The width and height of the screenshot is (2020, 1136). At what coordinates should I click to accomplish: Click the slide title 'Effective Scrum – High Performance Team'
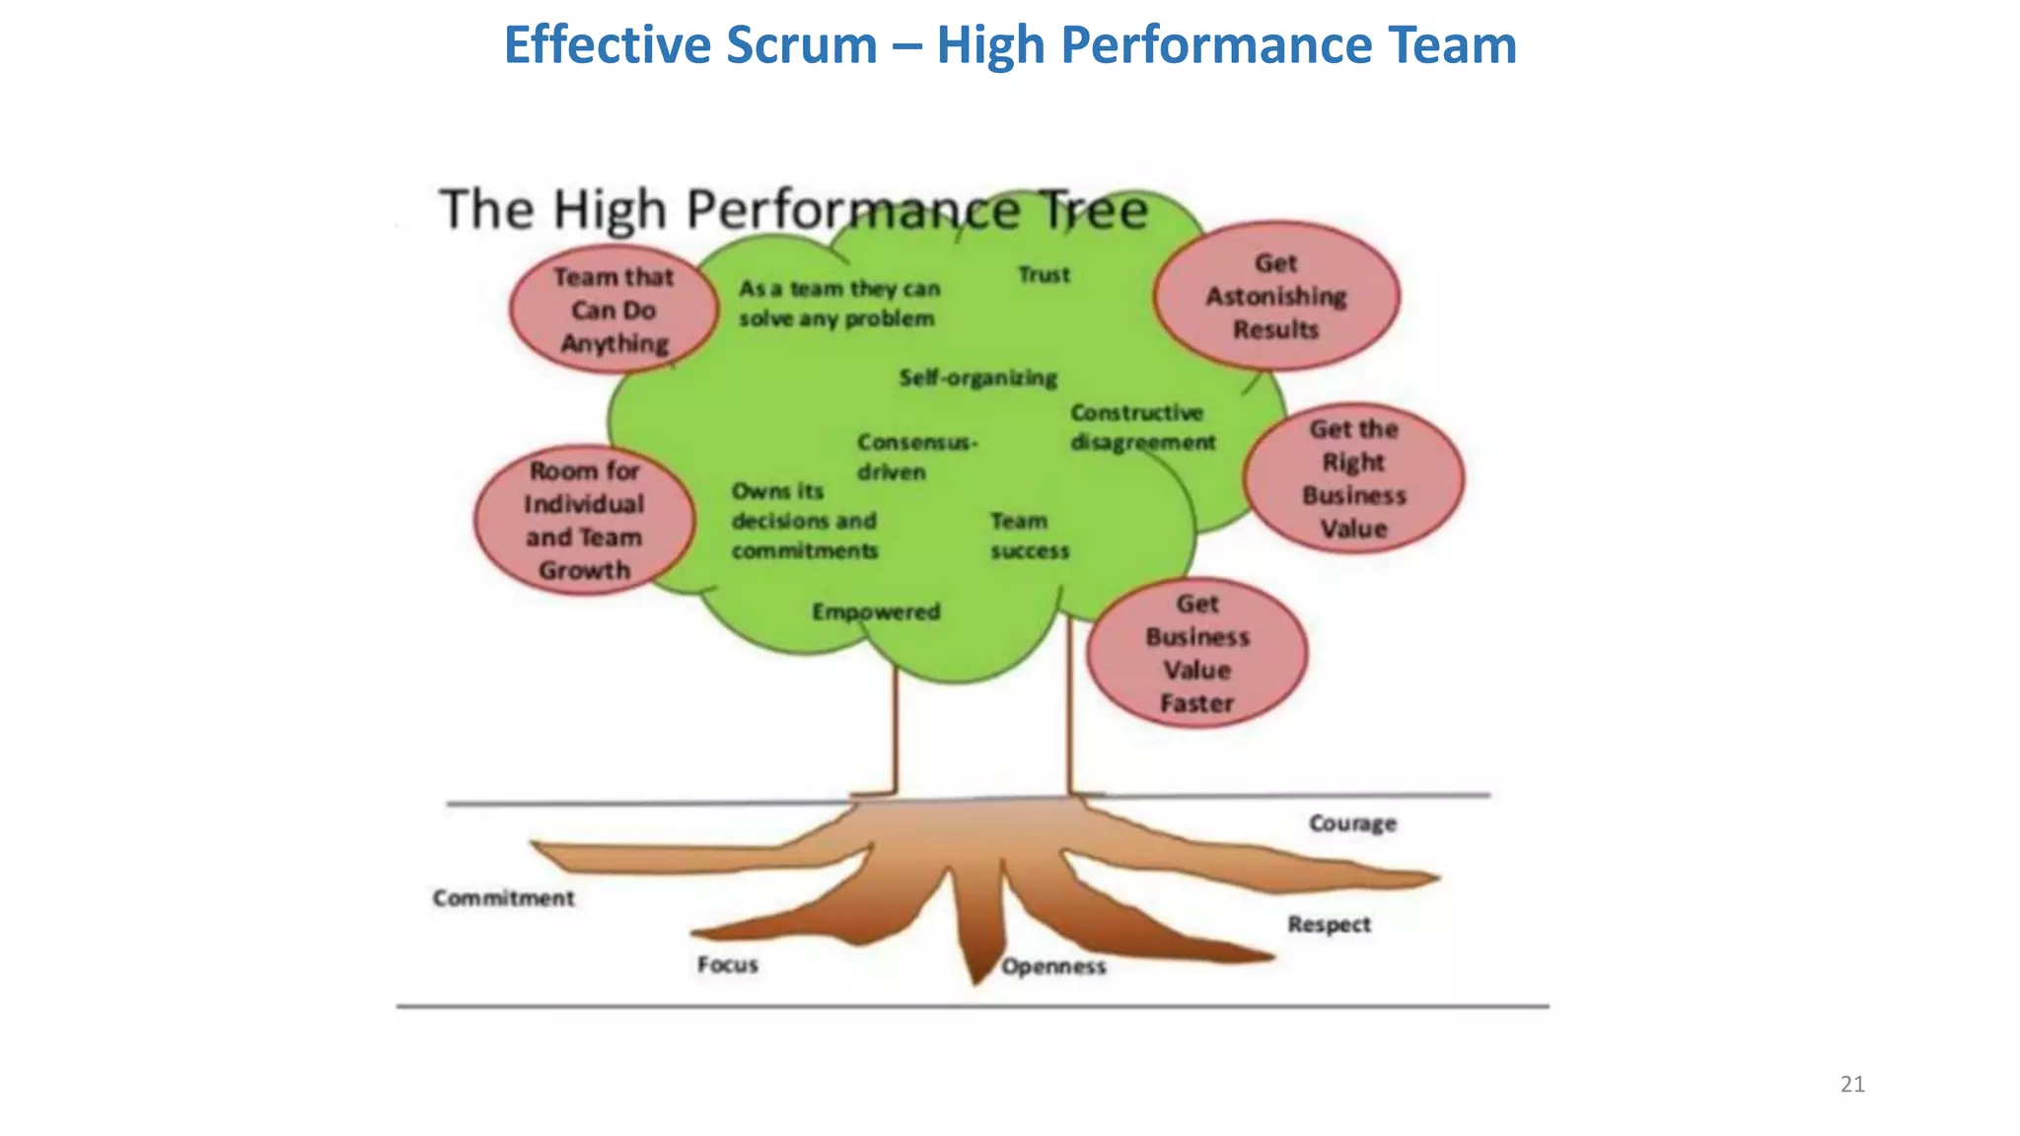point(1009,45)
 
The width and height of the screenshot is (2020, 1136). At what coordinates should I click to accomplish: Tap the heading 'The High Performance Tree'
point(794,210)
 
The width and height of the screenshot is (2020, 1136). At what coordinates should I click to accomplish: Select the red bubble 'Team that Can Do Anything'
point(613,310)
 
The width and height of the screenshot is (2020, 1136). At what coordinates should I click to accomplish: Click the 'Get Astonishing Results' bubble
point(1275,296)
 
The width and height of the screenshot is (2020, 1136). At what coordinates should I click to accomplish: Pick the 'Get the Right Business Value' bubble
point(1353,478)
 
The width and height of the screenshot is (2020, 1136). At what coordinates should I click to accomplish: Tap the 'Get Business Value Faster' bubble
point(1196,653)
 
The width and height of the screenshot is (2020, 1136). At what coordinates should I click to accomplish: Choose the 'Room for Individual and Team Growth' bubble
point(584,520)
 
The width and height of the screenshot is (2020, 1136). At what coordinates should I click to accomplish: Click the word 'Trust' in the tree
point(1044,275)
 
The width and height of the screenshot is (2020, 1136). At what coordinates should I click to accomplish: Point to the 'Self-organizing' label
point(977,378)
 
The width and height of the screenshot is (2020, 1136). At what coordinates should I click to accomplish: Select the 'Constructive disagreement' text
point(1142,427)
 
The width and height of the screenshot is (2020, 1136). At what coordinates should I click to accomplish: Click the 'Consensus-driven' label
point(915,456)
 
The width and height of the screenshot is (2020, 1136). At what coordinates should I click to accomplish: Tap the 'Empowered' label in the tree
point(876,612)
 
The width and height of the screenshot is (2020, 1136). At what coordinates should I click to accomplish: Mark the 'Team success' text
point(1029,535)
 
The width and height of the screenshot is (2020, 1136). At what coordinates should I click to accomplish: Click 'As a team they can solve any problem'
point(838,304)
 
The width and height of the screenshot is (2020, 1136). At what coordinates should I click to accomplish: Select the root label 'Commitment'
point(503,898)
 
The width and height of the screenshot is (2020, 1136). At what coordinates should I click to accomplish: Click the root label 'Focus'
point(727,964)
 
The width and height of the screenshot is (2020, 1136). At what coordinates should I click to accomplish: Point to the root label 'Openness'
point(1053,966)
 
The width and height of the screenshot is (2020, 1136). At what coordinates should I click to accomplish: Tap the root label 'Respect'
point(1329,925)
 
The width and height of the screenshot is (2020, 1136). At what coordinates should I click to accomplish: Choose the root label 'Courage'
point(1352,823)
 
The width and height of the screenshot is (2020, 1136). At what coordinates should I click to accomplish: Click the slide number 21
point(1852,1085)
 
